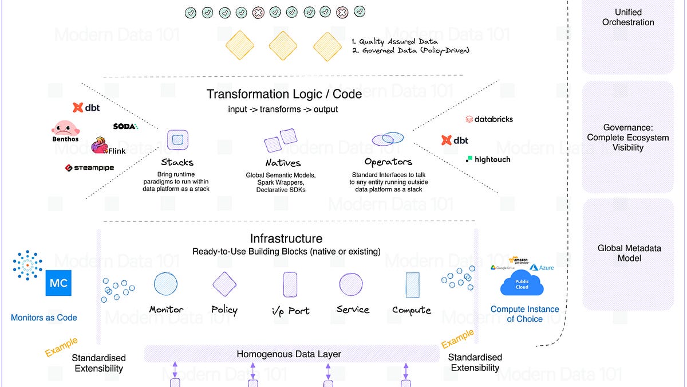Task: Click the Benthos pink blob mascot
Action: (65, 129)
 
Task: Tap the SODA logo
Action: (125, 126)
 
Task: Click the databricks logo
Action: (489, 119)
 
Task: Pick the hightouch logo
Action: (488, 159)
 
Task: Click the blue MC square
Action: (58, 283)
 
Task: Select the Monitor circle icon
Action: (165, 284)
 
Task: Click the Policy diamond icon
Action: (224, 284)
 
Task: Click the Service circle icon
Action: (350, 284)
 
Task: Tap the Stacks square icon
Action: (177, 139)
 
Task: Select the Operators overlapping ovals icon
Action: (388, 139)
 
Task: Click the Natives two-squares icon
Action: (281, 140)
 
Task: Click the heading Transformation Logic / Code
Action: (284, 94)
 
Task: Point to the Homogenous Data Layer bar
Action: (289, 354)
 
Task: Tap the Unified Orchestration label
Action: (628, 17)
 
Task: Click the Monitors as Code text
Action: (44, 317)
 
